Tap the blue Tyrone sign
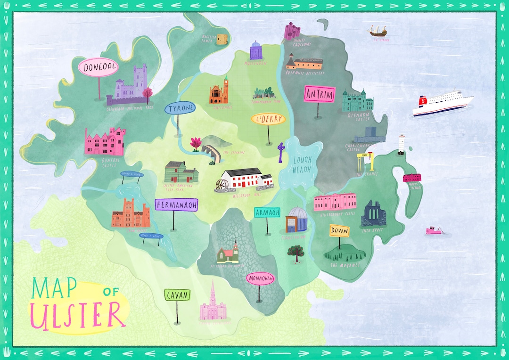click(180, 109)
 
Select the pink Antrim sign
click(319, 94)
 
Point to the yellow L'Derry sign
click(268, 119)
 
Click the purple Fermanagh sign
click(176, 205)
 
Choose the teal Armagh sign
click(267, 213)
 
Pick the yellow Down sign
click(339, 231)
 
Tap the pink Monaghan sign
click(260, 278)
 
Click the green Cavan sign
click(177, 295)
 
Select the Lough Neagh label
click(303, 164)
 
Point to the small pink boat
click(435, 231)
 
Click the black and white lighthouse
click(402, 144)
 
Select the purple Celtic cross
click(281, 151)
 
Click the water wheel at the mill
click(220, 185)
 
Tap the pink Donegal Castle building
click(105, 142)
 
